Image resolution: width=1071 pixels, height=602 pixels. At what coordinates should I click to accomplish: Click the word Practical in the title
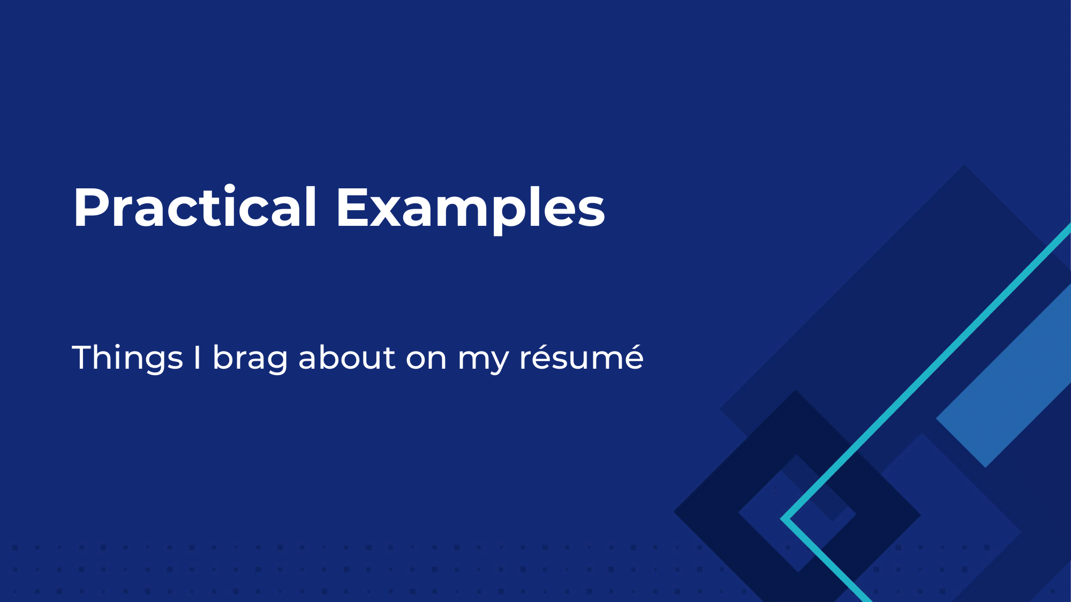(x=195, y=207)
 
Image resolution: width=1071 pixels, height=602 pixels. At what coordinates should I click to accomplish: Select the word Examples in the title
(x=471, y=209)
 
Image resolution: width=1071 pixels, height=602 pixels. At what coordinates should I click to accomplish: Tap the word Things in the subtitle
(x=127, y=358)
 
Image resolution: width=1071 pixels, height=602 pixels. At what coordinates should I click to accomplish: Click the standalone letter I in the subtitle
(x=197, y=357)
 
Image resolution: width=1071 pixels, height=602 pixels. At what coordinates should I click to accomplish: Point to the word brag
(x=251, y=359)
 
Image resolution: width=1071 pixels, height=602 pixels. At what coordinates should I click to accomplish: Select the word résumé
(x=582, y=357)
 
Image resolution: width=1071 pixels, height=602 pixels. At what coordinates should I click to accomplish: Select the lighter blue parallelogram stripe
(x=1004, y=375)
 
